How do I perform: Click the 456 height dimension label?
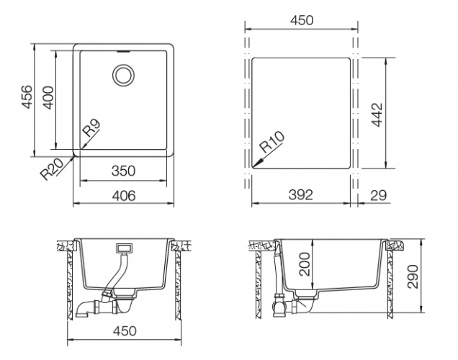point(27,97)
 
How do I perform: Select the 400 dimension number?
point(48,98)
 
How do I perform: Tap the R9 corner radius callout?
point(92,128)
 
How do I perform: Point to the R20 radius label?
point(52,169)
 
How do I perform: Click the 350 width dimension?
point(124,171)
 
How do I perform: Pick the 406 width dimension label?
point(124,196)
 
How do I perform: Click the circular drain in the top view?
point(123,75)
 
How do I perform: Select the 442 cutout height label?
point(377,114)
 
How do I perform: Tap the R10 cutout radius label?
point(272,142)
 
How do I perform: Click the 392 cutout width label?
point(300,194)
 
